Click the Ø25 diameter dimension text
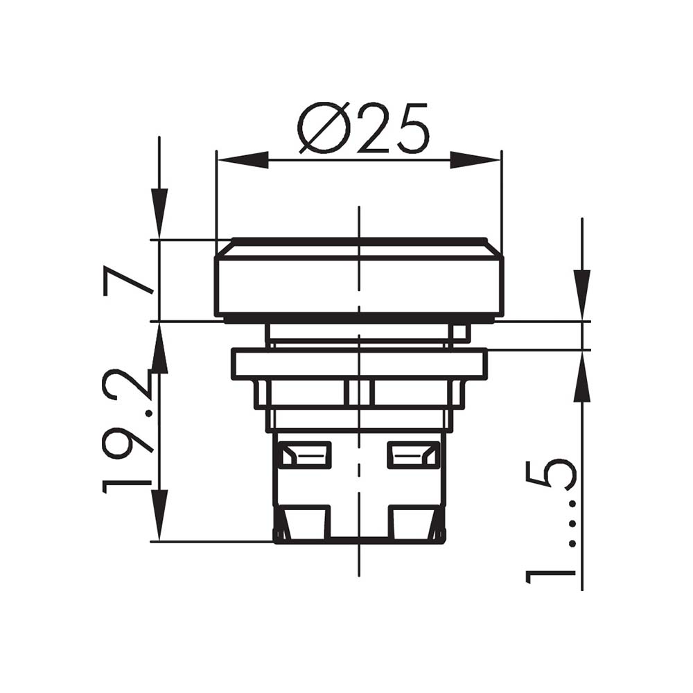tap(363, 128)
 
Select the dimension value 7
tap(128, 280)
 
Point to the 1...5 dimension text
tap(551, 522)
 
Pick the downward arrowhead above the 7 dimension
tap(159, 214)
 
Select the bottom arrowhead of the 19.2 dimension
tap(159, 516)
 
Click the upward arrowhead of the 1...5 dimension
tap(582, 376)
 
